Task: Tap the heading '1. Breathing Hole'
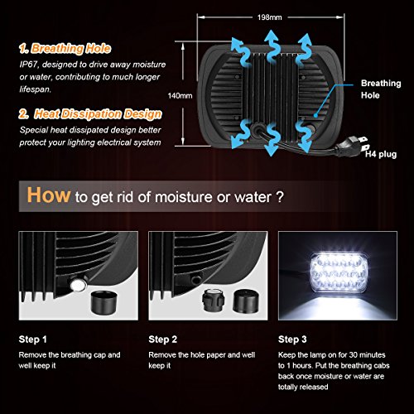point(69,48)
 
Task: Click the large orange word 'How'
point(48,196)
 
